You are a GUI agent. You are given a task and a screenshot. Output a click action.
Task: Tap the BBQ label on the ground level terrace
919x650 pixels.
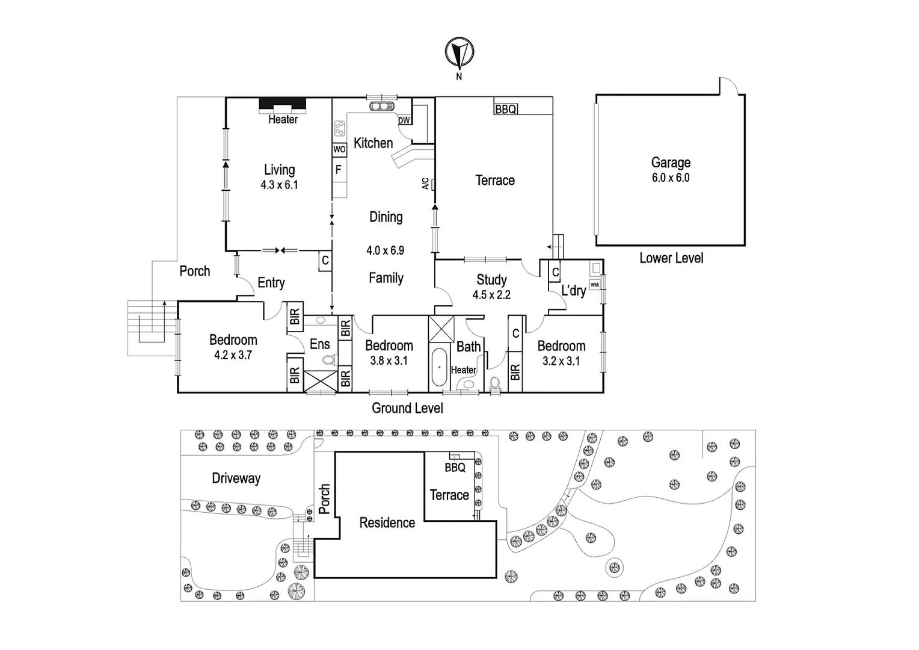click(x=505, y=109)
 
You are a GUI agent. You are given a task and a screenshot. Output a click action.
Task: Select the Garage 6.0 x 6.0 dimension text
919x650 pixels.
click(x=670, y=178)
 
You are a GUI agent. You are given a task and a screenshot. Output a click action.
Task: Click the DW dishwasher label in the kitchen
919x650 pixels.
click(x=404, y=120)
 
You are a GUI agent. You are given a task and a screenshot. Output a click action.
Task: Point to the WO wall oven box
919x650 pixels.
click(x=339, y=149)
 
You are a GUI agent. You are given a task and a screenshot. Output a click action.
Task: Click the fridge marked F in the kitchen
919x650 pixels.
click(x=339, y=170)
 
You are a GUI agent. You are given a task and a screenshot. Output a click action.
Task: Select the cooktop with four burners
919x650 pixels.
click(x=339, y=128)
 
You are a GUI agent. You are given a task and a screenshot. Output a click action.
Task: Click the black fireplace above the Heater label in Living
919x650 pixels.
click(x=282, y=105)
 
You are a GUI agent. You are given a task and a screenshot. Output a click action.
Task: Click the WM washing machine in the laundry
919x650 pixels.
click(x=594, y=285)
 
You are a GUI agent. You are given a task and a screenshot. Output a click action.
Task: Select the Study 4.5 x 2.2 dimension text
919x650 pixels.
click(x=491, y=296)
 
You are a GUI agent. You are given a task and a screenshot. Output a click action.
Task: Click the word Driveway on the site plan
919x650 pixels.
click(x=236, y=478)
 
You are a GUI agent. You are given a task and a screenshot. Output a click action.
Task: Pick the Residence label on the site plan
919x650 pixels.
click(x=387, y=522)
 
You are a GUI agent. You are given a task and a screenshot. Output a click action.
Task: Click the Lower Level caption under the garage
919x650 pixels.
click(x=671, y=258)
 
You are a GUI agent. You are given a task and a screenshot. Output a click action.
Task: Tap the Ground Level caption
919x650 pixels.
click(x=407, y=408)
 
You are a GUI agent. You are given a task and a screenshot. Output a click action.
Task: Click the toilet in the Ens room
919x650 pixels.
click(x=328, y=361)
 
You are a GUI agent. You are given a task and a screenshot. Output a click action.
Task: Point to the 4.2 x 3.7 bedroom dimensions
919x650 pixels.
click(x=233, y=355)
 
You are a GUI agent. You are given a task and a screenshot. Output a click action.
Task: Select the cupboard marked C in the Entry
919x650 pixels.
click(x=325, y=261)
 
